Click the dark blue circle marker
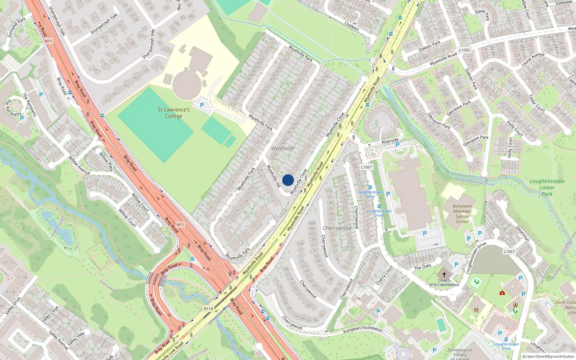[x=288, y=180]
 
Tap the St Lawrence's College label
[x=174, y=113]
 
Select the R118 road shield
[x=208, y=309]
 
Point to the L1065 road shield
[x=464, y=50]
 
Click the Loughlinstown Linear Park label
[x=547, y=188]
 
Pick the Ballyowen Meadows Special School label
[x=462, y=214]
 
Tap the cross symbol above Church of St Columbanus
[x=444, y=274]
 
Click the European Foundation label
[x=363, y=329]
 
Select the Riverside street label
[x=390, y=141]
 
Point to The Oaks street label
[x=423, y=267]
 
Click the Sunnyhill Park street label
[x=17, y=27]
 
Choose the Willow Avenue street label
[x=79, y=165]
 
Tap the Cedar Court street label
[x=537, y=103]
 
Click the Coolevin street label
[x=352, y=26]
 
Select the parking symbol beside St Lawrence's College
[x=202, y=105]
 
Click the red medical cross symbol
[x=502, y=293]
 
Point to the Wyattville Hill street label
[x=274, y=176]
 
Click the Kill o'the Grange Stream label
[x=476, y=182]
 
